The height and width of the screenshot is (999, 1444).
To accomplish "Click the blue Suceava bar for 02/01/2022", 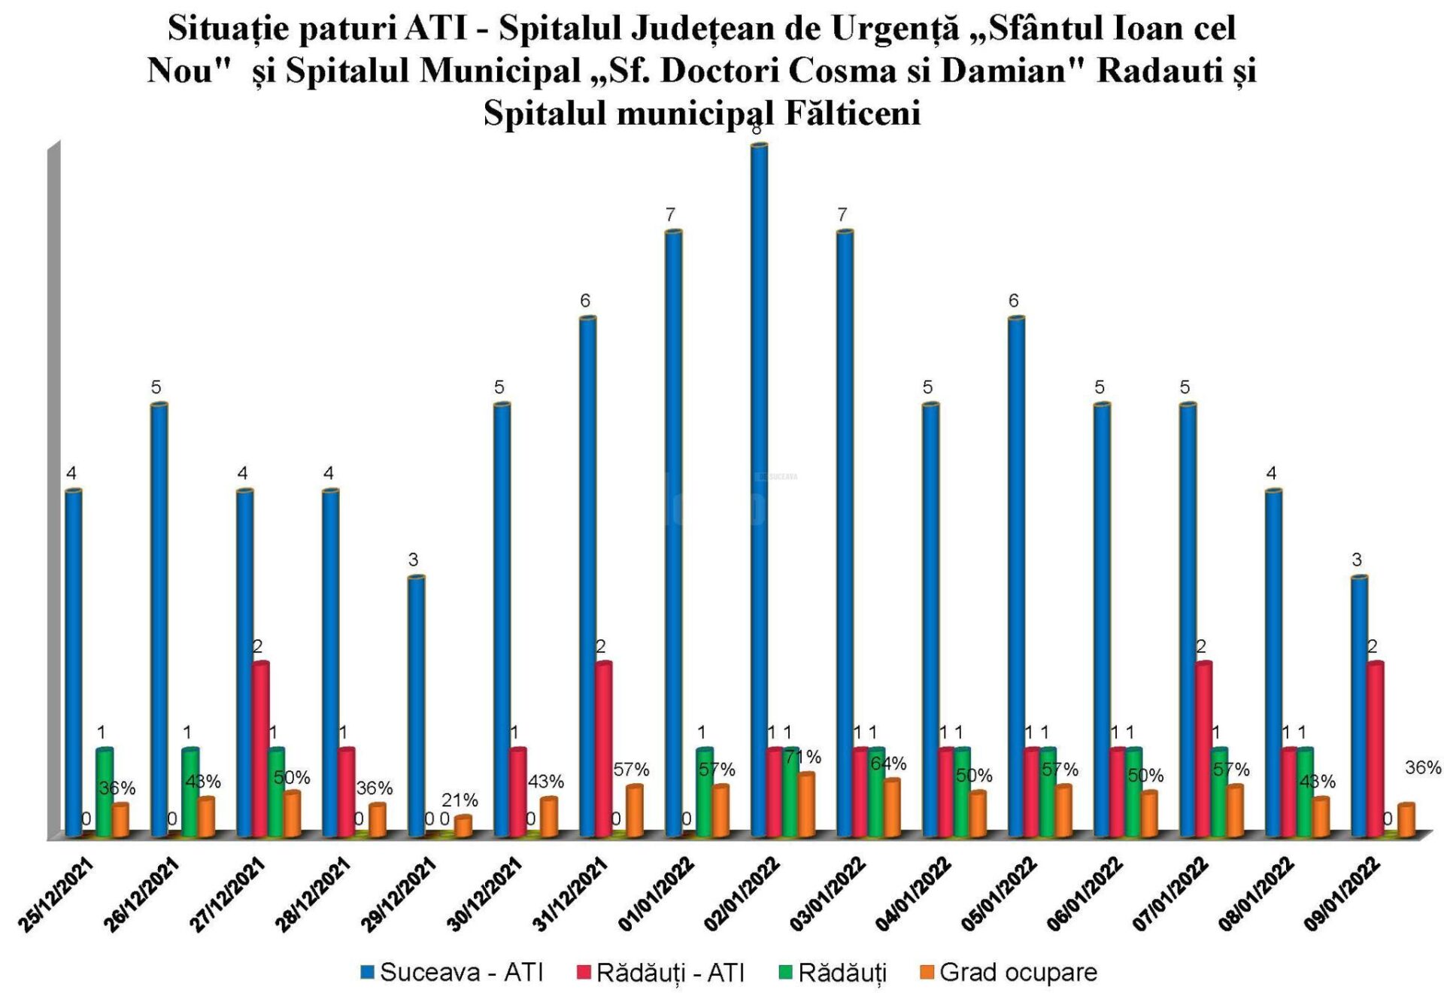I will click(x=760, y=489).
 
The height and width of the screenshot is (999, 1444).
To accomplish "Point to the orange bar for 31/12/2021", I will click(x=635, y=811).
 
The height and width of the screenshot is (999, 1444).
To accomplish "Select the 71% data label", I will click(x=802, y=757).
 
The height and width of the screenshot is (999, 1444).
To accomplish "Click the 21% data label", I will click(x=460, y=800).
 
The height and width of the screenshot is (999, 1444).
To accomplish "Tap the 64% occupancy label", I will click(x=888, y=764).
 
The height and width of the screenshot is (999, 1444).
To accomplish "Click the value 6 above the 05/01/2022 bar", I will click(x=1013, y=301).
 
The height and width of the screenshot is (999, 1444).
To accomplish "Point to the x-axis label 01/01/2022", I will click(x=658, y=895).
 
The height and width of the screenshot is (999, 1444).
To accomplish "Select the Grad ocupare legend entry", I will click(x=1018, y=972).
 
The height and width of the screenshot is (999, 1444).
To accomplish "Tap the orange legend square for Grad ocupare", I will click(x=927, y=973).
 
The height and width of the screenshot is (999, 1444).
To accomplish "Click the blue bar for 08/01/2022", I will click(x=1273, y=662).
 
